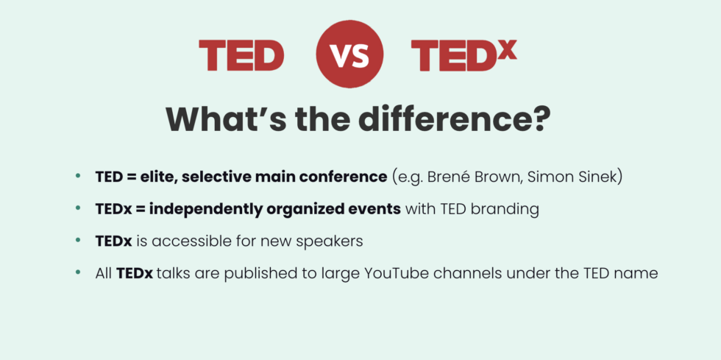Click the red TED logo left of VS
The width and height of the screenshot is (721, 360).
click(241, 57)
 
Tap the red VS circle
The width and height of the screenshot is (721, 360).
click(349, 57)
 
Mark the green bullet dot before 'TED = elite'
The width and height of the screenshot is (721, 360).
click(78, 177)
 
